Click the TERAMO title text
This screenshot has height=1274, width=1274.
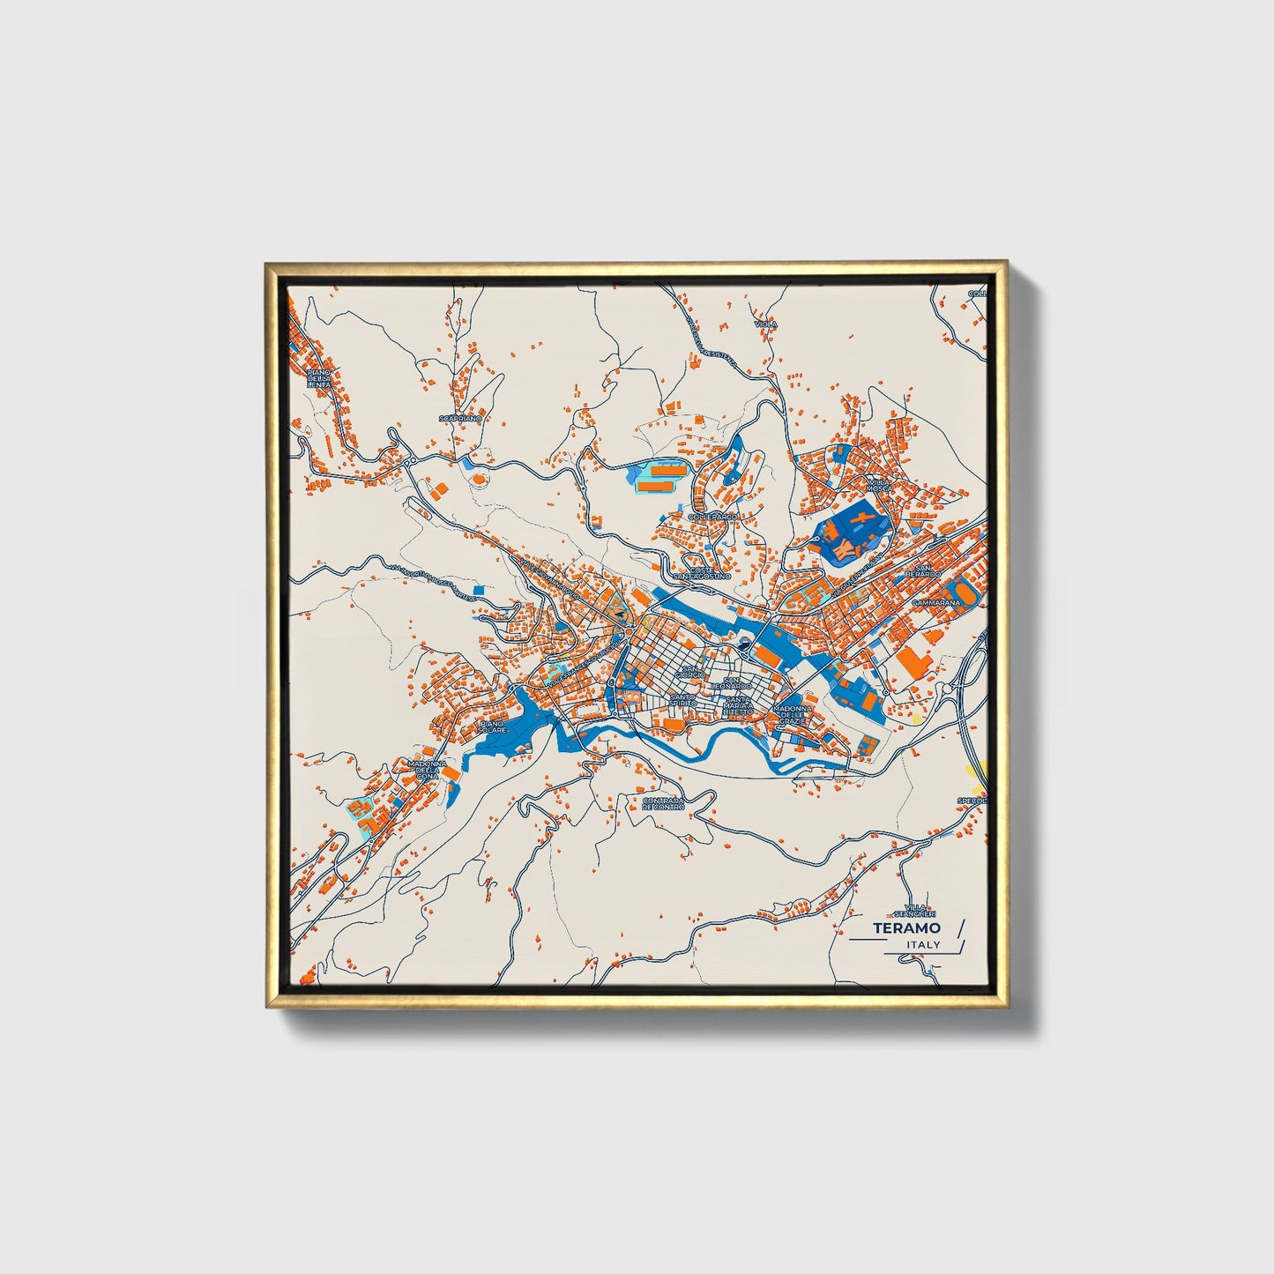click(906, 928)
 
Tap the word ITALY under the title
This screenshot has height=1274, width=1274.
click(923, 945)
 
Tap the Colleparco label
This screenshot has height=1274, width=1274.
click(712, 516)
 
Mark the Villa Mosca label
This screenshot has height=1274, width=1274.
click(879, 487)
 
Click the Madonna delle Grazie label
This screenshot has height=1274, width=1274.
click(790, 714)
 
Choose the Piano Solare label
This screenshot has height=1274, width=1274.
click(492, 727)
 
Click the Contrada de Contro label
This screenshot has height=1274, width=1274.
click(663, 803)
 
